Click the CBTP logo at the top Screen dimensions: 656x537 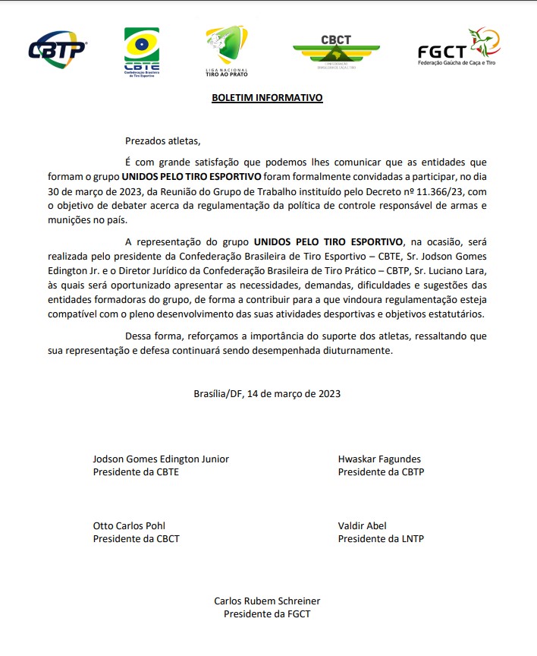[x=57, y=49]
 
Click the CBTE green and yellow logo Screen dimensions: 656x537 [x=141, y=52]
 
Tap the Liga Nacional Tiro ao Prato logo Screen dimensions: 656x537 [x=227, y=50]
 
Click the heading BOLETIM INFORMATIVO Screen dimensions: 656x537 [x=267, y=98]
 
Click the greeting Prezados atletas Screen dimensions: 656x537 [x=163, y=140]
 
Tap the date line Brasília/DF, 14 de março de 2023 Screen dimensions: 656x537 [x=267, y=393]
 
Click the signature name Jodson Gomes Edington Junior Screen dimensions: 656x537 [x=161, y=459]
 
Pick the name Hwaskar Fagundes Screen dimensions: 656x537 [x=379, y=459]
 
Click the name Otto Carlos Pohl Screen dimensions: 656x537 [x=129, y=525]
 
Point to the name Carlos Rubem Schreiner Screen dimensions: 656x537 [x=267, y=601]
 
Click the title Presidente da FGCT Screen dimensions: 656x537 [x=267, y=613]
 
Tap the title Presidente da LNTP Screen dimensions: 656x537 [x=381, y=538]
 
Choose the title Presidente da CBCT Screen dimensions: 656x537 [x=137, y=538]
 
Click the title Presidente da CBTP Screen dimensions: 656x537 [x=381, y=471]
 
